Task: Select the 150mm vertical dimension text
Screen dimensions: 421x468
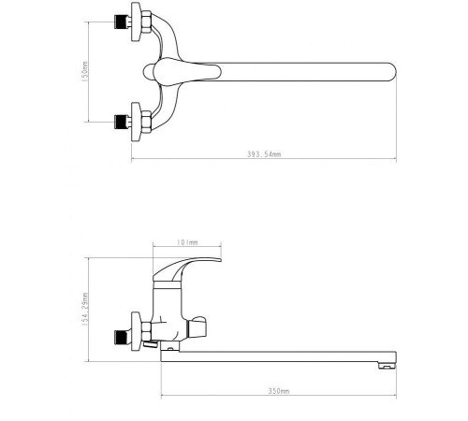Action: [x=84, y=70]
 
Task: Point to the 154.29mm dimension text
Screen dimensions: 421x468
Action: [x=84, y=311]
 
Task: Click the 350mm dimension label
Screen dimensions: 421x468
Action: [x=278, y=389]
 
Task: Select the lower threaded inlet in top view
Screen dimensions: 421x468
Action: [x=120, y=120]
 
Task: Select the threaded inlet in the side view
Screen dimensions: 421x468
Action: [x=120, y=334]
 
